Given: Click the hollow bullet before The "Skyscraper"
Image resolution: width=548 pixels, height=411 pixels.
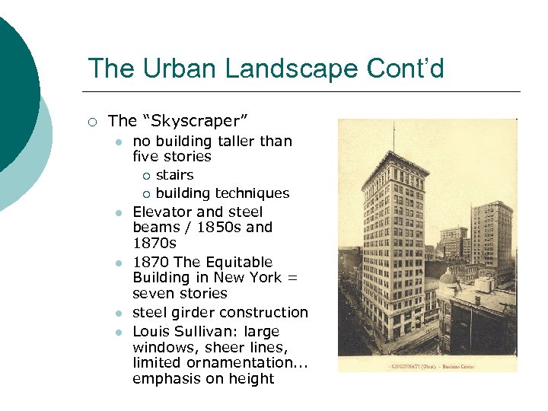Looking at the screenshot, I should pos(91,121).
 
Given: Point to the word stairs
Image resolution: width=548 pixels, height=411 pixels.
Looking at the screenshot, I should pos(174,174).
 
